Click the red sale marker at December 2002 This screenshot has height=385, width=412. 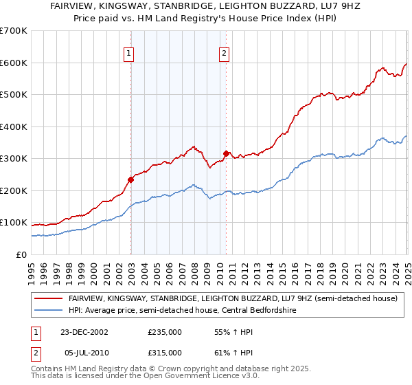click(130, 179)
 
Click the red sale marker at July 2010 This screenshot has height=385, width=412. click(226, 153)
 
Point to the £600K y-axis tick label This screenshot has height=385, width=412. click(14, 63)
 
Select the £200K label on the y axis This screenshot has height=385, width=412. click(14, 190)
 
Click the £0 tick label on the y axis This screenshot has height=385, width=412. click(21, 254)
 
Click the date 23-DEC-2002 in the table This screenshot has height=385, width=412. click(84, 331)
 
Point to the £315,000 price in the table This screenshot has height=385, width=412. click(165, 352)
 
